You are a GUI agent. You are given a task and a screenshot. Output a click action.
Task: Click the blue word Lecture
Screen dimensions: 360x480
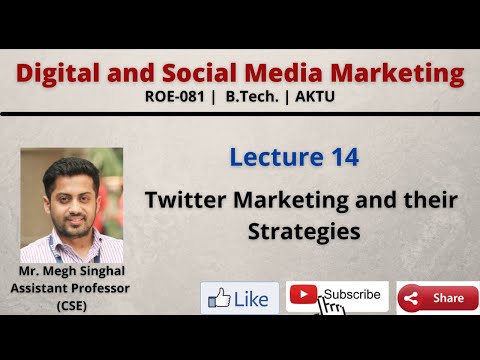[272, 157]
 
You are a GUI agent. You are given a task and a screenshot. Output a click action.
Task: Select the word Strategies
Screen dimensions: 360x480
[301, 231]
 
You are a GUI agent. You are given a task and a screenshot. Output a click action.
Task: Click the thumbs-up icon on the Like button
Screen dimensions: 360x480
[220, 298]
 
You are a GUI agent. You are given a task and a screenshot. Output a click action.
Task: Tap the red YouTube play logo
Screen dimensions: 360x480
[303, 295]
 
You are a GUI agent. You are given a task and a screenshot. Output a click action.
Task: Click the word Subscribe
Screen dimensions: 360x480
[351, 295]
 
